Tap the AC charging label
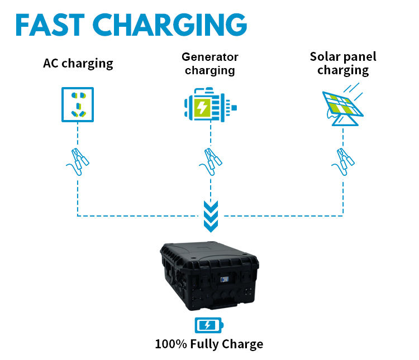78,63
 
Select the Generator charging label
210,64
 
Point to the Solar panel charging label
343,63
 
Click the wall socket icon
78,104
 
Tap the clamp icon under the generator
210,159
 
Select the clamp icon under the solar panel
342,159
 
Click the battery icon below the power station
208,325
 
